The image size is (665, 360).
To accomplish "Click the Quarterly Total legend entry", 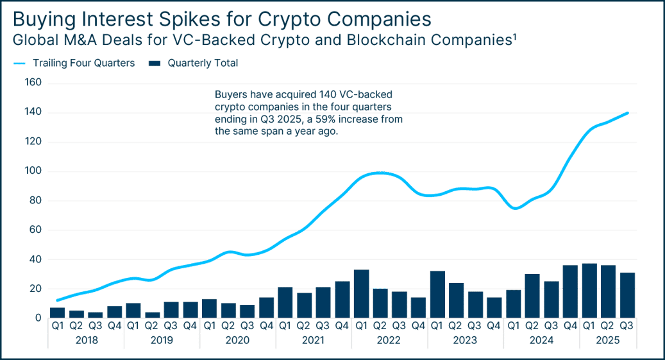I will click(x=202, y=64).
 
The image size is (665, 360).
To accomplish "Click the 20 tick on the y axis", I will click(x=34, y=289).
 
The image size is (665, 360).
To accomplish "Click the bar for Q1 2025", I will click(x=589, y=291).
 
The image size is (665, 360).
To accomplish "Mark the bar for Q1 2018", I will click(x=58, y=313).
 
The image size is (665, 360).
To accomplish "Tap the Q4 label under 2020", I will click(x=266, y=325).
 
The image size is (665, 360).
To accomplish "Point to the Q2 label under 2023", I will click(x=456, y=325).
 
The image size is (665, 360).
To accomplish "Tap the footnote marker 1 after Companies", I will click(x=515, y=38).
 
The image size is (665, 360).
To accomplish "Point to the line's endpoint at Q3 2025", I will click(x=627, y=112).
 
